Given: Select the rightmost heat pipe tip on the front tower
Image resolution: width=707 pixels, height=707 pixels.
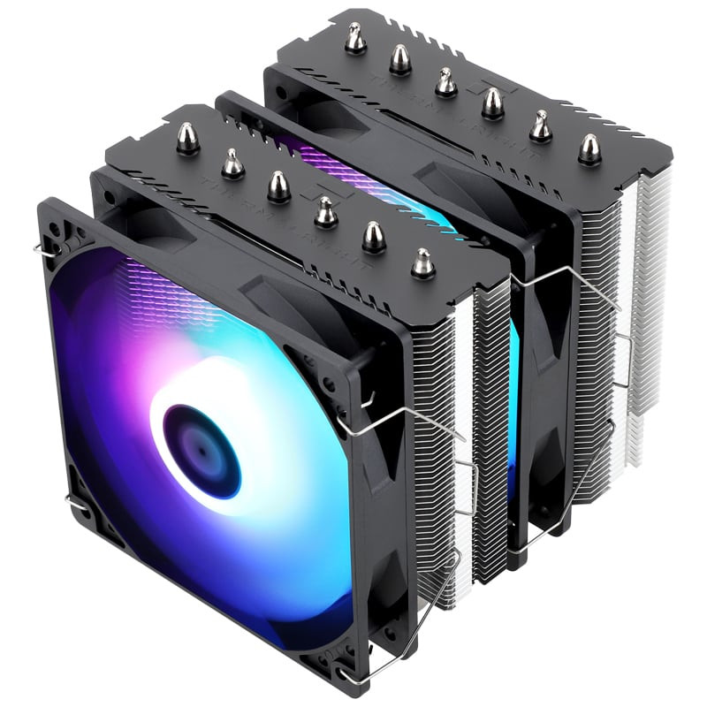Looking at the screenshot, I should tap(422, 262).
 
